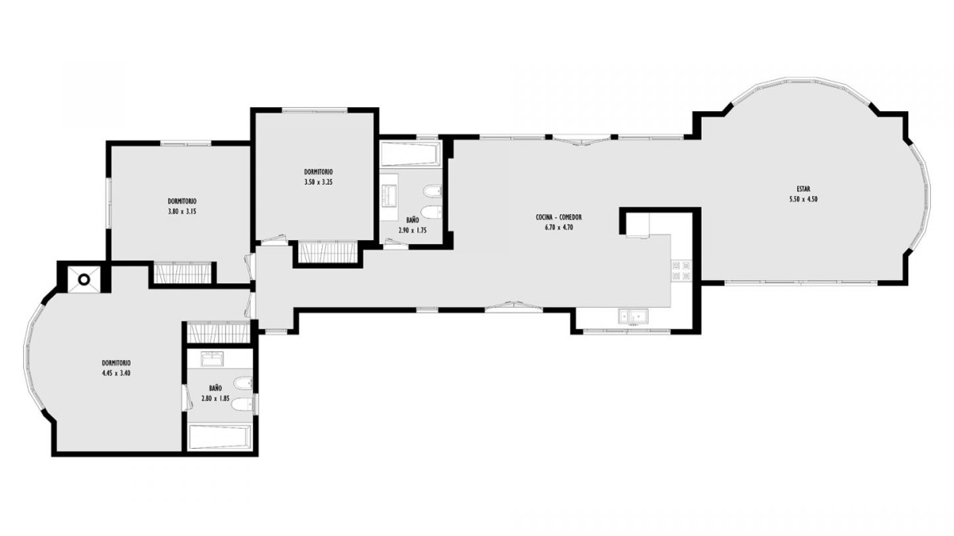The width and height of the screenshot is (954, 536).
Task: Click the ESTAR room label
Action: [803, 189]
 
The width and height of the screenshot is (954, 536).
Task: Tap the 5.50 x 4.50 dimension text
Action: [803, 199]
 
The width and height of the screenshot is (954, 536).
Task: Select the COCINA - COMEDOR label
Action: [558, 218]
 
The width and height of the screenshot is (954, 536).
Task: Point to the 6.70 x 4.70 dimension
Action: [558, 228]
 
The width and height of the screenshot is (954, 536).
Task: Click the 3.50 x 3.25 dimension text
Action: [318, 182]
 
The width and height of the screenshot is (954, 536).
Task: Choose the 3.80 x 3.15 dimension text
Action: [182, 212]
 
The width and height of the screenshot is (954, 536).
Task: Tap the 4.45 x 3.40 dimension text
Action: [116, 374]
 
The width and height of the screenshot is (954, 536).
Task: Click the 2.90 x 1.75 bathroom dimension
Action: [413, 231]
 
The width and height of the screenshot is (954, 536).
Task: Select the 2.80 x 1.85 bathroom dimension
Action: [215, 398]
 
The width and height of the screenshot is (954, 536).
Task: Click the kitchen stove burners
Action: [681, 271]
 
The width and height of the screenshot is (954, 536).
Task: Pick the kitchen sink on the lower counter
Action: [634, 316]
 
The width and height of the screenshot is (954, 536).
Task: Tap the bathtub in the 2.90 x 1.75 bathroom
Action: [410, 154]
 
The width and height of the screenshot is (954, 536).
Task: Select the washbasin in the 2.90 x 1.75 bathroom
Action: [389, 194]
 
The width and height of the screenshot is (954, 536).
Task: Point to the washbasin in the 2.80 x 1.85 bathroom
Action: [212, 358]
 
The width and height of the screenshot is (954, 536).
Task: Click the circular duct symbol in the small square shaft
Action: [84, 279]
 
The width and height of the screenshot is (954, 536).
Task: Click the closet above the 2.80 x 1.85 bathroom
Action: [219, 333]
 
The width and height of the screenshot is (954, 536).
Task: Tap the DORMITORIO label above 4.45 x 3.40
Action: [116, 363]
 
